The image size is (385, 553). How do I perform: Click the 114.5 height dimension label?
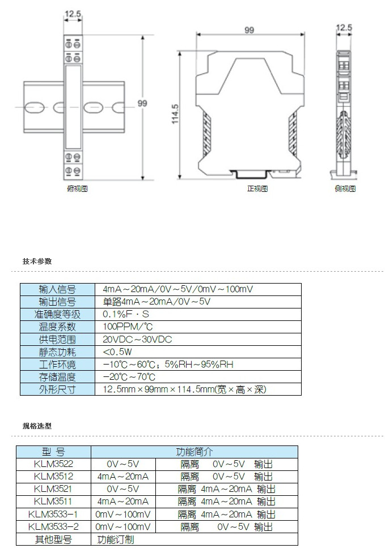click(175, 114)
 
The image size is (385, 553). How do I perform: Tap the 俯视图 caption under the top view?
click(77, 188)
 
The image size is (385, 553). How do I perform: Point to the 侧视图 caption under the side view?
click(345, 188)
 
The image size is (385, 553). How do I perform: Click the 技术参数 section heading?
click(37, 262)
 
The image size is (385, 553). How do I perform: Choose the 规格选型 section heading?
click(37, 426)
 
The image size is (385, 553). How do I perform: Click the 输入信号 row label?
click(57, 289)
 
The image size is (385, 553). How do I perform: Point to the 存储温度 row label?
click(57, 377)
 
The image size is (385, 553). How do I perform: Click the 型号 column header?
click(53, 452)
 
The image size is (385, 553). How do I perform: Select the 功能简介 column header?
click(194, 452)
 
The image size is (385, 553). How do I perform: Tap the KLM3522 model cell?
click(53, 464)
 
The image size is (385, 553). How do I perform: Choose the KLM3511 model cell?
click(53, 501)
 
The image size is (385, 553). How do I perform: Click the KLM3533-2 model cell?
click(53, 526)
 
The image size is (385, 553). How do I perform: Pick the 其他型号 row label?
click(53, 539)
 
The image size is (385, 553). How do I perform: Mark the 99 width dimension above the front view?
click(249, 30)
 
